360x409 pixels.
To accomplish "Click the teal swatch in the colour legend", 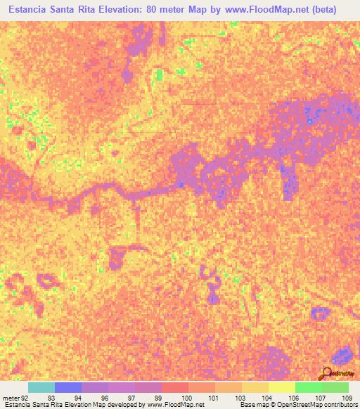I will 41,387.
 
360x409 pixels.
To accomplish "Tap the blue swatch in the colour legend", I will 68,387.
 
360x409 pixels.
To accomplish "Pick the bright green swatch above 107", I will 309,387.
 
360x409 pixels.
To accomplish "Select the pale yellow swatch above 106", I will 282,387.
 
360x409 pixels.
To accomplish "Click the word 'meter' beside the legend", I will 10,397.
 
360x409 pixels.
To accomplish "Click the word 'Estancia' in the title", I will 30,10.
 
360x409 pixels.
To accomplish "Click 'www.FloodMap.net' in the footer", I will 172,405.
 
